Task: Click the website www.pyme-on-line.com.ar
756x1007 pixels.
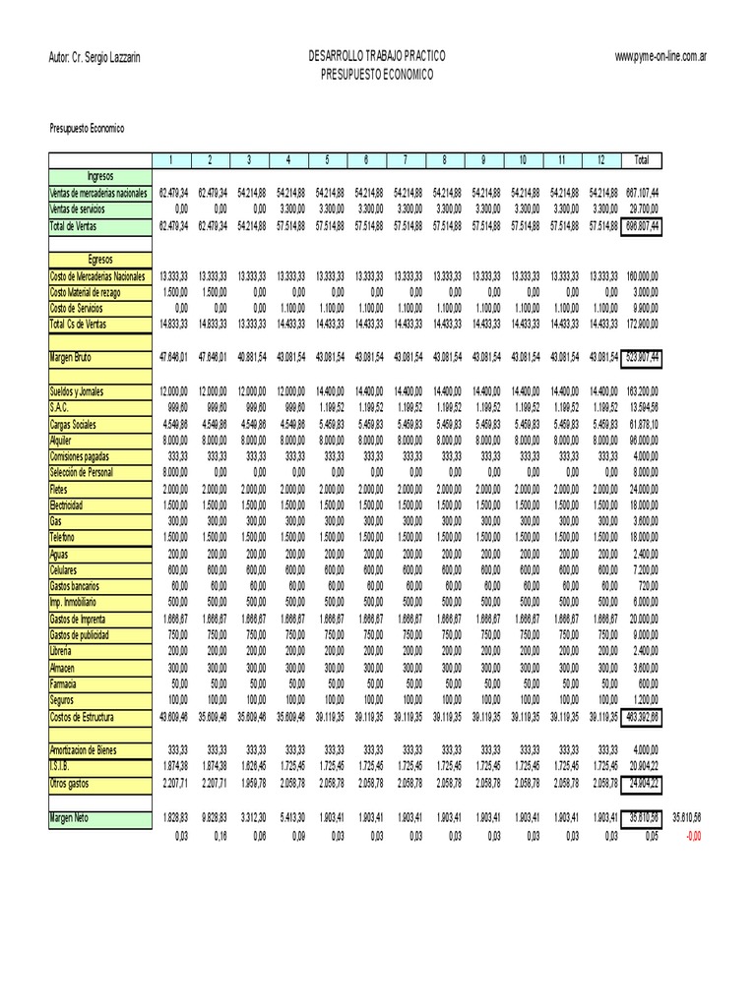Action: (x=661, y=58)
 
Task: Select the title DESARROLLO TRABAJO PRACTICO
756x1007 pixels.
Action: (x=377, y=58)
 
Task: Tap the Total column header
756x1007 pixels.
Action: (x=642, y=160)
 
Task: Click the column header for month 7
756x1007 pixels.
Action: (x=405, y=160)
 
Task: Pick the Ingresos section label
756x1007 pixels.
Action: (x=100, y=177)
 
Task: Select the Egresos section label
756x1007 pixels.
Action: (x=100, y=260)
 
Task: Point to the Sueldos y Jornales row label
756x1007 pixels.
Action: (x=83, y=391)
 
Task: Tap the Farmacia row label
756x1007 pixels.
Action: (x=64, y=683)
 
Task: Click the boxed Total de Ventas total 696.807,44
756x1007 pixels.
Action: (x=642, y=226)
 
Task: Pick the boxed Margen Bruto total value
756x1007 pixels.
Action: (x=642, y=358)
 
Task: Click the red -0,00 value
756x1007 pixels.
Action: (x=694, y=835)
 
